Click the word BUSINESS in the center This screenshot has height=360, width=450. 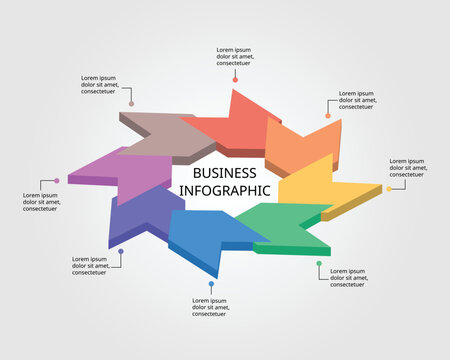click(x=224, y=172)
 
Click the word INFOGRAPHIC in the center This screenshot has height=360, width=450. click(x=224, y=189)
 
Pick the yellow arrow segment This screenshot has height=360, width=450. click(x=320, y=185)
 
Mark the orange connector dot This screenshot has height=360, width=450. click(x=326, y=116)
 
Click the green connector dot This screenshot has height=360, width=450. click(x=319, y=263)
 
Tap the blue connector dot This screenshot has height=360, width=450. click(x=211, y=284)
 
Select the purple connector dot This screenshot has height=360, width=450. click(x=57, y=181)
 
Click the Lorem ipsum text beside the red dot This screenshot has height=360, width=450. click(x=234, y=56)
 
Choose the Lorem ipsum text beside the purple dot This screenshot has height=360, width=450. click(x=44, y=202)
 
